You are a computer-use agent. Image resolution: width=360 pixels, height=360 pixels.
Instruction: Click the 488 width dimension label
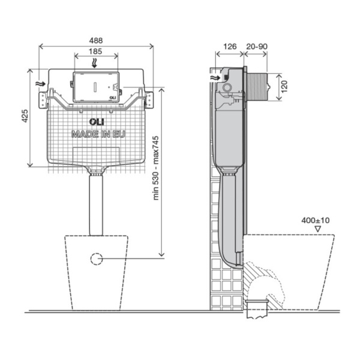96,41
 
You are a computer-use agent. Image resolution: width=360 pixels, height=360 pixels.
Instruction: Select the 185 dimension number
95,51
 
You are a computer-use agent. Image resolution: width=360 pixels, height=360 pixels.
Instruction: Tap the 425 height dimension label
25,116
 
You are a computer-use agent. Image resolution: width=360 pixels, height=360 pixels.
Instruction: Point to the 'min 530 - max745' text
156,168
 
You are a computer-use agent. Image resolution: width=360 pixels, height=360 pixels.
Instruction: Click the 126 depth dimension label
230,46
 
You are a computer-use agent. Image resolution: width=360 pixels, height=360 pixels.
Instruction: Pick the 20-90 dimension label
257,46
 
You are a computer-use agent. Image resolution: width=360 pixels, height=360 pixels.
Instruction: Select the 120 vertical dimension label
284,86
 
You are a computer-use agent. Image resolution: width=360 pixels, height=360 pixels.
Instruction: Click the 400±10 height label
316,220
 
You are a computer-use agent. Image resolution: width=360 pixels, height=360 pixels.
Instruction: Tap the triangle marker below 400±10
317,229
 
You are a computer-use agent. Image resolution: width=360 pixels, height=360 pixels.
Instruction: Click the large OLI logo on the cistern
97,122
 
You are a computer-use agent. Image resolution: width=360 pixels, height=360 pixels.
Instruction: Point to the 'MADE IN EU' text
98,134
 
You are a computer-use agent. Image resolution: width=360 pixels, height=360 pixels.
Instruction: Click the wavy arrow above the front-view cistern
94,63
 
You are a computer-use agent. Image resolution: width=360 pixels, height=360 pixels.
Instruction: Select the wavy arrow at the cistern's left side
41,84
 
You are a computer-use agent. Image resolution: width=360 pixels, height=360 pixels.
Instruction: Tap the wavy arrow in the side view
215,78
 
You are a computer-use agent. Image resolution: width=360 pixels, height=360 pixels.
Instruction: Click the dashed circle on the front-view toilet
97,259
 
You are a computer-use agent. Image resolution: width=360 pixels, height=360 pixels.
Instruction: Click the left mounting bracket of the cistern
43,100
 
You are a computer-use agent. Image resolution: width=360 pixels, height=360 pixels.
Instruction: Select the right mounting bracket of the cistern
149,100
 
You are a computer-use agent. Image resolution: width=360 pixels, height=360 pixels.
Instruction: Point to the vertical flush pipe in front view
96,205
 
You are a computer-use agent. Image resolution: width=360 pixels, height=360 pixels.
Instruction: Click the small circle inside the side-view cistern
227,88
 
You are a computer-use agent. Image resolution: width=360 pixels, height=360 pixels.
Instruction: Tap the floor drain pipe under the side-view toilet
257,309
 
